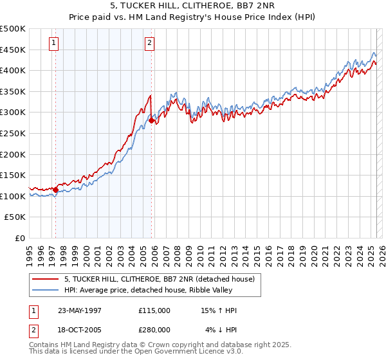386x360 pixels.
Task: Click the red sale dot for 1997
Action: tap(56, 190)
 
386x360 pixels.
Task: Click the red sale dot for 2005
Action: tap(152, 120)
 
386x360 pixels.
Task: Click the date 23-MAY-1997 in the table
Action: tap(80, 310)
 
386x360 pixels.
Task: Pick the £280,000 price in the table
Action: tap(154, 329)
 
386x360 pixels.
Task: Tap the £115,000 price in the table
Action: tap(154, 310)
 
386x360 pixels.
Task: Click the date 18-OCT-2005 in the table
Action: tap(80, 329)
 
